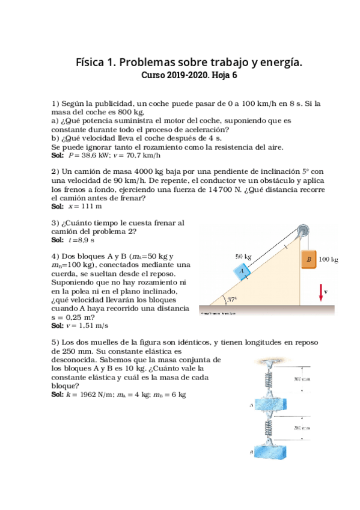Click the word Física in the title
93,63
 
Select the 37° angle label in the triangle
231,299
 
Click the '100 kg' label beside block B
328,260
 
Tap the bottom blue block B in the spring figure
265,451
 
